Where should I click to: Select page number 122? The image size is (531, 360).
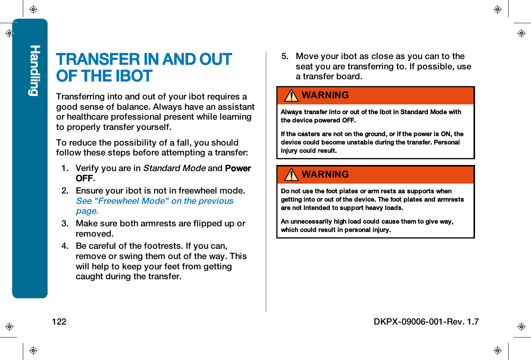coord(59,322)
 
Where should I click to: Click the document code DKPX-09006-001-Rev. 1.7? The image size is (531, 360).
coord(426,322)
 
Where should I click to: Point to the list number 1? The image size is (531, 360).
coord(65,168)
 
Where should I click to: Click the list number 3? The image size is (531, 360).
coord(65,224)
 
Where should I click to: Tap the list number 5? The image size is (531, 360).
coord(285,56)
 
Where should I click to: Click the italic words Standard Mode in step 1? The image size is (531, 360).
coord(174,168)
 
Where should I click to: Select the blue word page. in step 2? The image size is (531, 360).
coord(87,211)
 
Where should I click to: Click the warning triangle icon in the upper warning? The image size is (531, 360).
coord(292,95)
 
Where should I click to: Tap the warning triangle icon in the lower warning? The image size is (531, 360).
coord(292,174)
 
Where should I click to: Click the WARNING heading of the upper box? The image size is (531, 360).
coord(325,95)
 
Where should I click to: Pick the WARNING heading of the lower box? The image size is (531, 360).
coord(325,174)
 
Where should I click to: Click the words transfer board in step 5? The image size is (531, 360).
coord(332,77)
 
